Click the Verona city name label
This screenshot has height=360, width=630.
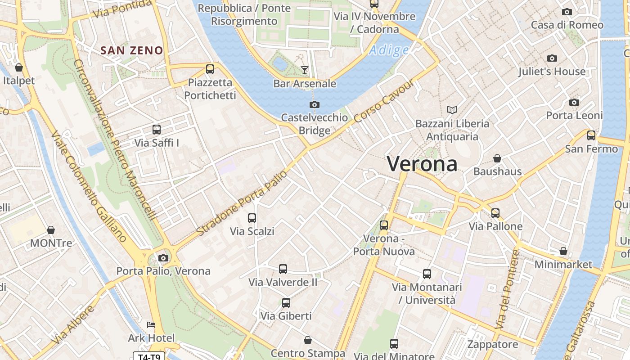click(x=422, y=164)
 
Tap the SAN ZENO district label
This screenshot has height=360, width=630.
click(x=132, y=50)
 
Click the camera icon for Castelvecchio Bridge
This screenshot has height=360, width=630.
click(x=315, y=105)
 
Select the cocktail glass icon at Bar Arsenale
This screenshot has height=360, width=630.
click(x=305, y=70)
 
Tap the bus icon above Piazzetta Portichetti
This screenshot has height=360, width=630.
click(x=210, y=69)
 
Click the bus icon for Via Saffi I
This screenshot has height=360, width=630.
click(x=157, y=130)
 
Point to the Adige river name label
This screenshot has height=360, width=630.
click(x=389, y=50)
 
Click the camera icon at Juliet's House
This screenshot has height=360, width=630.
click(x=552, y=58)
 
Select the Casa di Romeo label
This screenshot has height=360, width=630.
click(x=567, y=25)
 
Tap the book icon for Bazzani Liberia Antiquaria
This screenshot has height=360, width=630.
click(x=452, y=110)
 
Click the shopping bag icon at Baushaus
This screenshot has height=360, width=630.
click(x=497, y=158)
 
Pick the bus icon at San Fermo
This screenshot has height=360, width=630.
click(x=591, y=135)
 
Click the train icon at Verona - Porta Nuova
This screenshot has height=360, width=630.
click(x=384, y=225)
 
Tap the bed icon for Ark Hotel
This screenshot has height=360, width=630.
click(x=151, y=325)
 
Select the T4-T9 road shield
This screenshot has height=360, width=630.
click(x=149, y=357)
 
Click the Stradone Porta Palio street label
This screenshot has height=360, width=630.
click(x=242, y=203)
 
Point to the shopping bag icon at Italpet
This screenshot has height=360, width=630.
click(x=19, y=67)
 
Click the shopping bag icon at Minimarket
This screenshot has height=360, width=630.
click(x=563, y=251)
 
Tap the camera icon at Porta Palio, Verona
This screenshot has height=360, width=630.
click(x=163, y=258)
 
